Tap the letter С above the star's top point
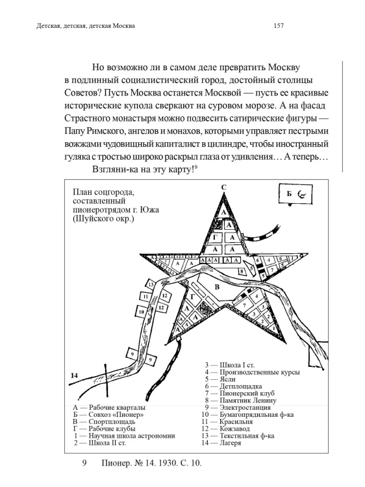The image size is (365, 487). click(x=223, y=188)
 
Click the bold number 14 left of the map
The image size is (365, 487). click(x=73, y=376)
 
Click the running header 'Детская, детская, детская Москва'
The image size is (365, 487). click(x=80, y=26)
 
